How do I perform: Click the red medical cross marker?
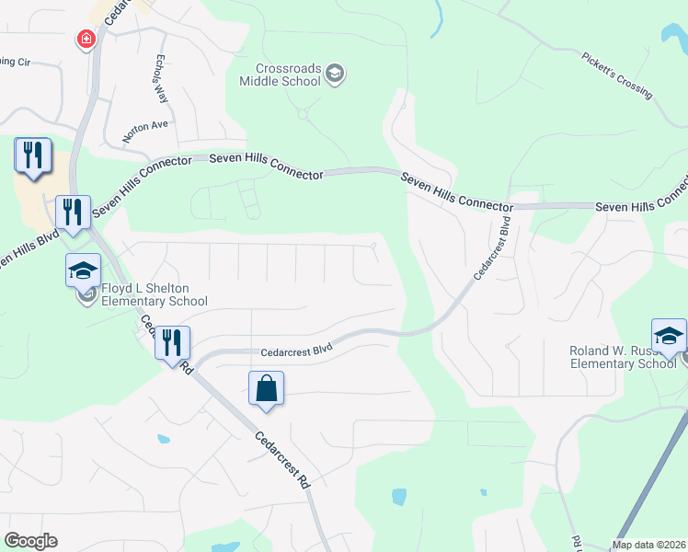pos(86,39)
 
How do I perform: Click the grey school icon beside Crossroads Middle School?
pos(335,74)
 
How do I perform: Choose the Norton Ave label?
pos(147,125)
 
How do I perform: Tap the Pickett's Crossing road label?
pos(616,75)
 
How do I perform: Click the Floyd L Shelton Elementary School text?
pos(154,294)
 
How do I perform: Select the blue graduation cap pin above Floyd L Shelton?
pos(83,270)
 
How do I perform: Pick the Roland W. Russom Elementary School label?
pos(623,356)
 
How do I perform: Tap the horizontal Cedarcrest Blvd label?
pos(295,351)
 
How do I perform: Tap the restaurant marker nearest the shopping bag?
pos(172,343)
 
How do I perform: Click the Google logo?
pos(30,541)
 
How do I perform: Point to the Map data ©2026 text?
pos(649,545)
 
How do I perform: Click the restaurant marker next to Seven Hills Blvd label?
pos(72,213)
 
